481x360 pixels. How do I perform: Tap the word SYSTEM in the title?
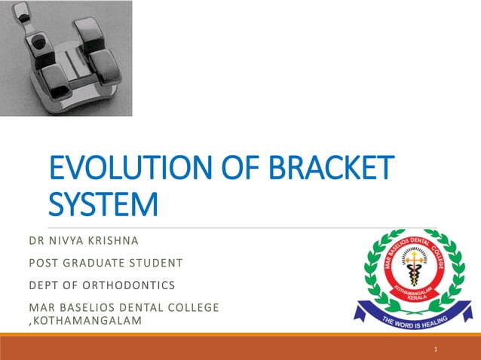coord(104,204)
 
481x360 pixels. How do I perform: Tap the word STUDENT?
coord(156,264)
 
